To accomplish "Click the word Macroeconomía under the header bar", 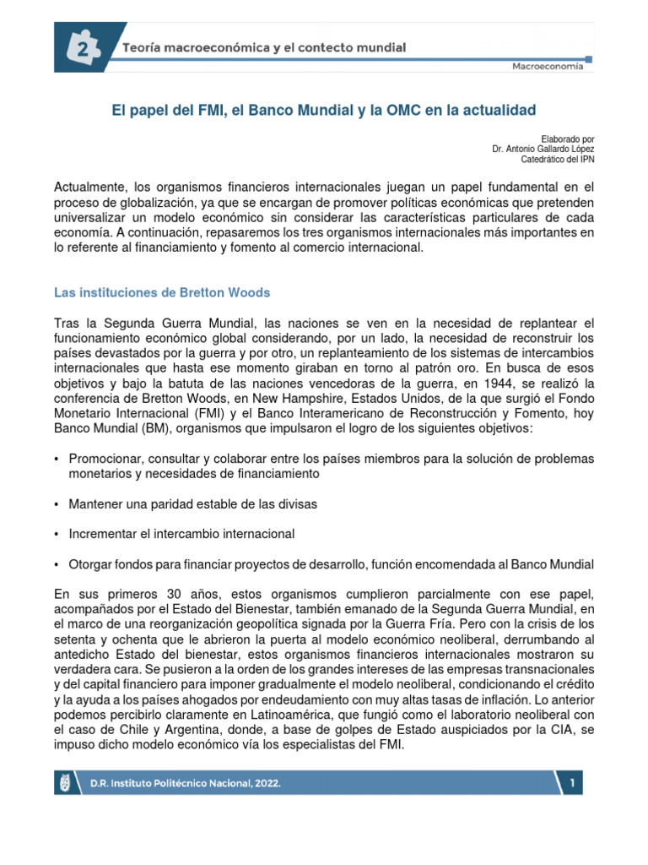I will click(x=547, y=67).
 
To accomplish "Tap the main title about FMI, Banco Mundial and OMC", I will click(x=324, y=111).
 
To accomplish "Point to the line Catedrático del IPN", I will click(x=559, y=160).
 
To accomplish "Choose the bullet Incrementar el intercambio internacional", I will click(x=181, y=535).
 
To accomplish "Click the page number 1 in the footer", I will click(x=573, y=783).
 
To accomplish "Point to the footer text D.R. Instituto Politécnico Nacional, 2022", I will click(x=186, y=783).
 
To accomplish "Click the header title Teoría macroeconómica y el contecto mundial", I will click(x=265, y=47).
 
